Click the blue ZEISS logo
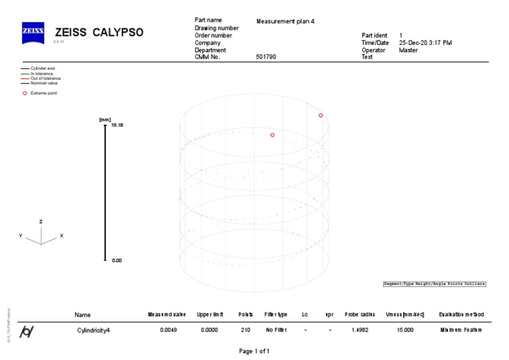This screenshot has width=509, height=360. coord(33,32)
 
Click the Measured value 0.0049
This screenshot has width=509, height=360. coord(168,330)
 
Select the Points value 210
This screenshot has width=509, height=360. coord(245,330)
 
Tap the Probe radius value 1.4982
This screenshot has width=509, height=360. coord(360,330)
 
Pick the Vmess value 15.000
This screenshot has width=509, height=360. coord(404,330)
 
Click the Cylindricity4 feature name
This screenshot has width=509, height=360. coord(93,330)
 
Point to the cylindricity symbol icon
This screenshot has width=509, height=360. coord(27,331)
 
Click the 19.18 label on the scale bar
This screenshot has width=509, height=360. coord(117,125)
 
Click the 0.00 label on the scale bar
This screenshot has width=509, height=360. coord(117,261)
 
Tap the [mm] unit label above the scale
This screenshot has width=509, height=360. coord(105,119)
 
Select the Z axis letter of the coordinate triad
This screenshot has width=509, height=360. coord(41,221)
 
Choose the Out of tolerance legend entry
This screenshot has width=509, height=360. coord(45,78)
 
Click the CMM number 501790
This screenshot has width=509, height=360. coord(266,57)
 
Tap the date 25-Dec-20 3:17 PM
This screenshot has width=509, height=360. coord(425,42)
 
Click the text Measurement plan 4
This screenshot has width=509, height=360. coord(285,21)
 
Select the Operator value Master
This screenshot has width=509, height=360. coord(408,50)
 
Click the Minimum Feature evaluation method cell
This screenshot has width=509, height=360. coord(461,330)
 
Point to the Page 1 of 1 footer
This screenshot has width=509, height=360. coord(254,351)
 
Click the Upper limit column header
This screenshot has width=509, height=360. coord(209,314)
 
